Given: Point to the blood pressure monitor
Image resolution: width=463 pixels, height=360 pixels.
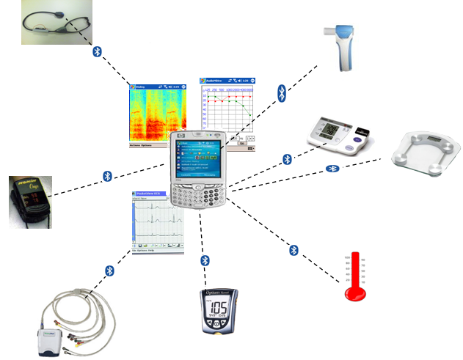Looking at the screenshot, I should click(x=338, y=136).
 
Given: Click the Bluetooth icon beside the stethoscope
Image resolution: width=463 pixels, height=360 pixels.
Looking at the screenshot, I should click(x=98, y=53).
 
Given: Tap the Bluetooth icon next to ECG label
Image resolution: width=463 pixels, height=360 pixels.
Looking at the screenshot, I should click(x=110, y=271).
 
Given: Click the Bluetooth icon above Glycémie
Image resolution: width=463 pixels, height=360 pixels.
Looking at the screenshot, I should click(x=205, y=260).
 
